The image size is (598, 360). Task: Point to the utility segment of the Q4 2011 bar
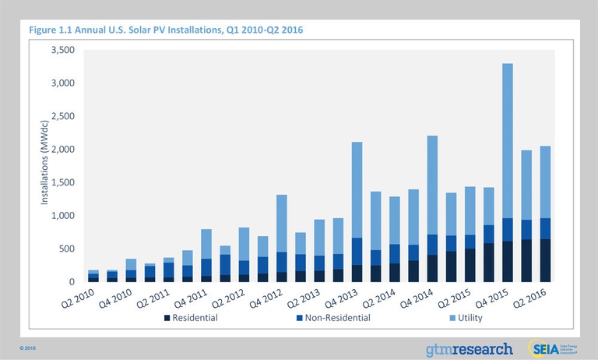[206, 244]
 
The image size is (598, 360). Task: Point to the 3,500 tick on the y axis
[61, 50]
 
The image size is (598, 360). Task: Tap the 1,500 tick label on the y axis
[61, 182]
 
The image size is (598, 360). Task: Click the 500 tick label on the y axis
[65, 249]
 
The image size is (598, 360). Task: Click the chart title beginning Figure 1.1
[165, 30]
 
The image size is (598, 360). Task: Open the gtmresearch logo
[469, 348]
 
